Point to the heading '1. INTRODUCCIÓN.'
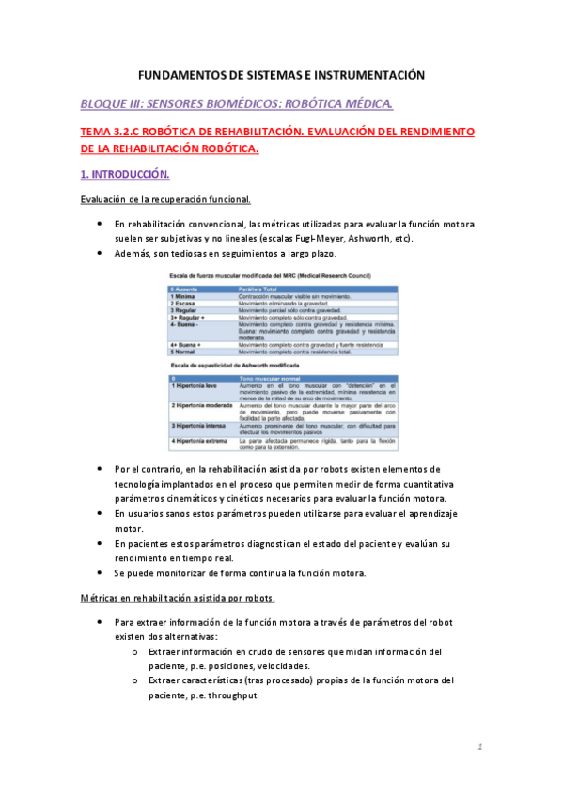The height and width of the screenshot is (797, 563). pos(125,175)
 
